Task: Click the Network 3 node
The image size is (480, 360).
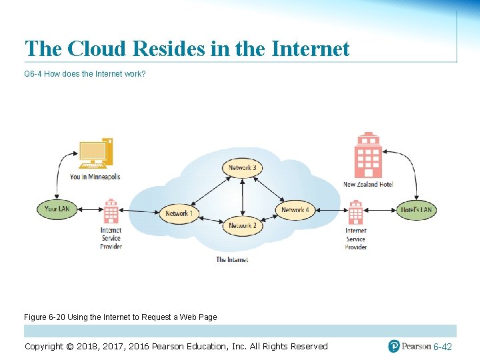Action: (x=242, y=167)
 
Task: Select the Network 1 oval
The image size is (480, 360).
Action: (x=178, y=213)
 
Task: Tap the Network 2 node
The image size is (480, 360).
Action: (x=242, y=226)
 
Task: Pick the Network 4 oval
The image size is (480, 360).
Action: (x=295, y=210)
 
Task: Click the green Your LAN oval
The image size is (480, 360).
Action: (x=57, y=209)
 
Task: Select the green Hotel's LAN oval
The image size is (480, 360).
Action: (x=416, y=209)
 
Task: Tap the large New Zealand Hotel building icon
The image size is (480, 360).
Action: (x=368, y=155)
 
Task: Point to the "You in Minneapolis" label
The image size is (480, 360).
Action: (x=95, y=177)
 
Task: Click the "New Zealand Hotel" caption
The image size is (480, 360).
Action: (x=368, y=184)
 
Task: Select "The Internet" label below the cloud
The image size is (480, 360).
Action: (x=232, y=259)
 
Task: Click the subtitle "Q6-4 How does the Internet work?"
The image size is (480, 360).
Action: (x=85, y=74)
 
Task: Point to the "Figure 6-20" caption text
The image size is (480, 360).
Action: (x=121, y=317)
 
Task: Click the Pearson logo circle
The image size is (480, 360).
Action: (x=395, y=346)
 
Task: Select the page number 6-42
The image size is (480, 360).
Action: (x=443, y=347)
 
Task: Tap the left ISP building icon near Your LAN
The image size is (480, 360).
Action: (x=111, y=211)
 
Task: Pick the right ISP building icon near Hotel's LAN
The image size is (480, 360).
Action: (x=355, y=212)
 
